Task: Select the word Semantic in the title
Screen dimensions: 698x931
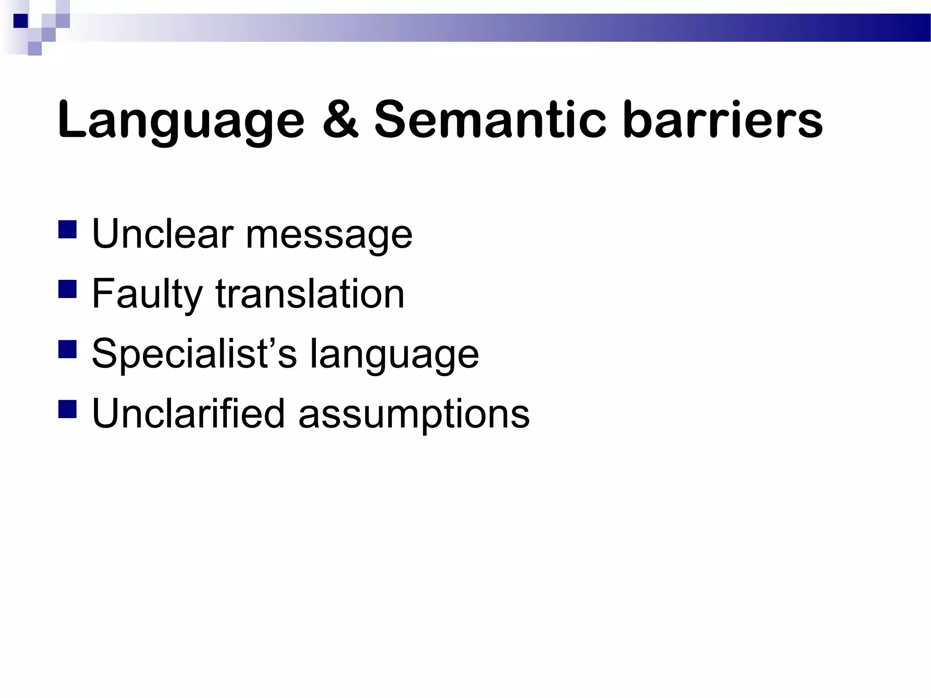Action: pyautogui.click(x=490, y=119)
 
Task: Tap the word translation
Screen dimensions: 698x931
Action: pyautogui.click(x=310, y=294)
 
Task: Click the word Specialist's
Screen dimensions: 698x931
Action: pyautogui.click(x=194, y=354)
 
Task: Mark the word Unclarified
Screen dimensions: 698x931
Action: pyautogui.click(x=188, y=413)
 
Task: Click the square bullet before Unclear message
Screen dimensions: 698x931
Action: pyautogui.click(x=67, y=229)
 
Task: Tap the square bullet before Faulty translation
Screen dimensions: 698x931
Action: pyautogui.click(x=67, y=289)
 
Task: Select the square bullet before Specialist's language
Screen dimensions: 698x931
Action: pyautogui.click(x=67, y=349)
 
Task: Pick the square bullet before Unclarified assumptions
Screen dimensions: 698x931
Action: pyautogui.click(x=67, y=409)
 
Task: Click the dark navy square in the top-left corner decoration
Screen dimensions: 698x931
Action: pyautogui.click(x=20, y=20)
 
